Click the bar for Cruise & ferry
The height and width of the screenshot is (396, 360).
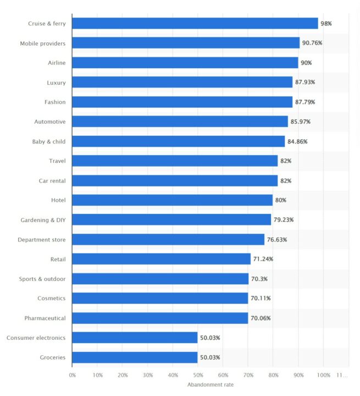(x=195, y=24)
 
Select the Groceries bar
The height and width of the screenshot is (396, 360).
(x=135, y=358)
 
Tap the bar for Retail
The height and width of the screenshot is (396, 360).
(x=161, y=259)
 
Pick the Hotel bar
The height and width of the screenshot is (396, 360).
(x=172, y=200)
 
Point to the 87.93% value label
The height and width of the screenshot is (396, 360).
(x=305, y=82)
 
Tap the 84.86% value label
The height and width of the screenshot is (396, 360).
(x=297, y=141)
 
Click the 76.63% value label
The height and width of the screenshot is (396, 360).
(x=277, y=240)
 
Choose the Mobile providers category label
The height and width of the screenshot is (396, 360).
(x=43, y=43)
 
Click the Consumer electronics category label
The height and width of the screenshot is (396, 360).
(x=36, y=338)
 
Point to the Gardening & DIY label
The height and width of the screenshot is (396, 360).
(x=43, y=220)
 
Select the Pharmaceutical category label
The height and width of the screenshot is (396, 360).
(x=45, y=318)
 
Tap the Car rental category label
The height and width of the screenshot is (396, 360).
(x=49, y=180)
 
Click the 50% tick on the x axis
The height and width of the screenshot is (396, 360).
(x=198, y=375)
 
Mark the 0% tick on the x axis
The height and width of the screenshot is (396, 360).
(x=72, y=375)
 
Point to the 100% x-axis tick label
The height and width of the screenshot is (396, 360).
(x=323, y=375)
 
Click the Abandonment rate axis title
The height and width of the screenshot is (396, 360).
(x=211, y=384)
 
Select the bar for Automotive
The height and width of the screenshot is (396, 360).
(x=180, y=122)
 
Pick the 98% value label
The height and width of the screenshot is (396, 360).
(x=326, y=24)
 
